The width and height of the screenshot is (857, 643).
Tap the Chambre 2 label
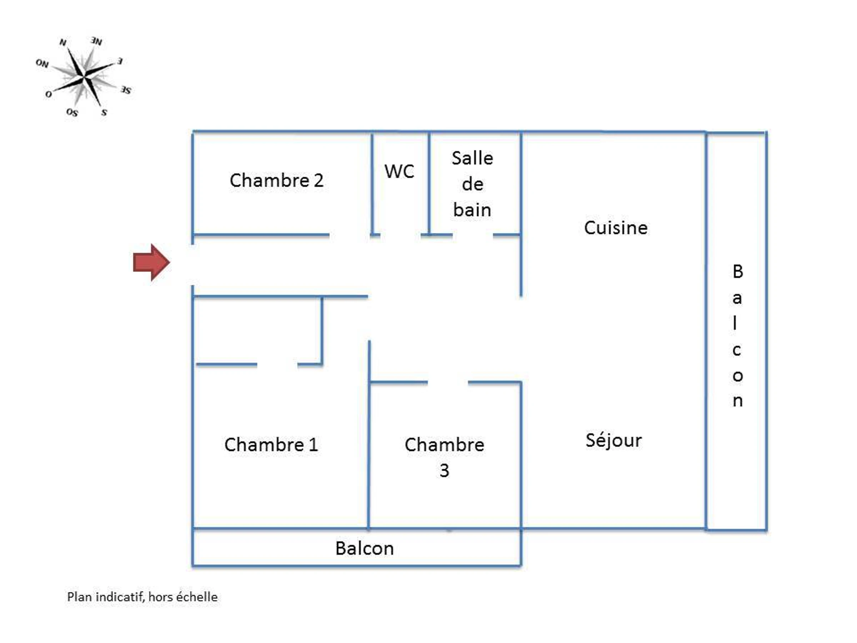point(276,181)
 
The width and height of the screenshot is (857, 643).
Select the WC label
point(399,171)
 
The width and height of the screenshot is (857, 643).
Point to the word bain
point(472,210)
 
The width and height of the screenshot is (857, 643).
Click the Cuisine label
point(616,228)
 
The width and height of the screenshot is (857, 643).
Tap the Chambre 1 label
point(271,444)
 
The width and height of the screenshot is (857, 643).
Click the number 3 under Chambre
point(444,470)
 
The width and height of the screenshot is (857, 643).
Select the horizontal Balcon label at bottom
point(364,548)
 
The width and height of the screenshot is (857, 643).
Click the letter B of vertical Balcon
point(738,272)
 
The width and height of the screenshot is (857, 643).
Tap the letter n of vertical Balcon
point(738,401)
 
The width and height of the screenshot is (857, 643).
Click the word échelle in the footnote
point(197,597)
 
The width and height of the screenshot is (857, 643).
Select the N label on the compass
point(63,42)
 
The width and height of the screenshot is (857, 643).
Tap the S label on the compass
point(104,113)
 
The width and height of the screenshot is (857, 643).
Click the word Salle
point(472,158)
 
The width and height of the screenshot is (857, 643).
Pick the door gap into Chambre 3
point(448,383)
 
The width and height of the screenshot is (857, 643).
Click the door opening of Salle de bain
point(473,235)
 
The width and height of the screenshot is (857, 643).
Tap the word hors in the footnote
point(160,597)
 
